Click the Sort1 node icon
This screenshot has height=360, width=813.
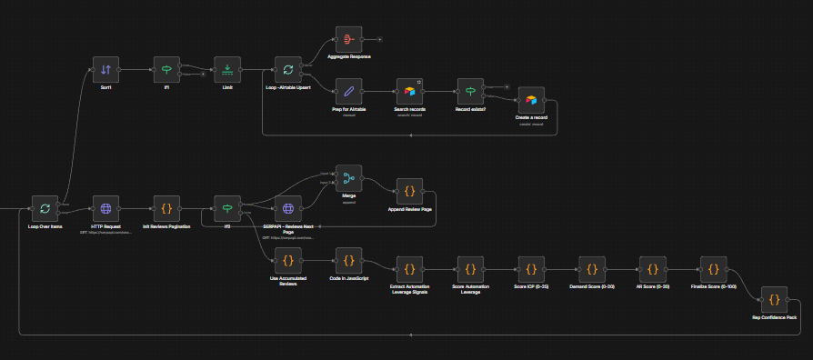(105, 69)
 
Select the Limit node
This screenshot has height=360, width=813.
(227, 69)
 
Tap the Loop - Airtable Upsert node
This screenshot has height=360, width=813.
(288, 69)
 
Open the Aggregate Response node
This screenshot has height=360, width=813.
(348, 39)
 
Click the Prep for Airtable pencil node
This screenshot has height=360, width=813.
(348, 92)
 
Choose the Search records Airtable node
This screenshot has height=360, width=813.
(409, 92)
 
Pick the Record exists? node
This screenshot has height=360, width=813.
(470, 92)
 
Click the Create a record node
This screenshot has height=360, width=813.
(531, 101)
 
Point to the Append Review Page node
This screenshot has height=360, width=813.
(409, 191)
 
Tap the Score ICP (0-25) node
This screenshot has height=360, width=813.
(531, 269)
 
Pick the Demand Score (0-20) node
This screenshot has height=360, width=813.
(592, 269)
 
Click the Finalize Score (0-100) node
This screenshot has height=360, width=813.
(714, 269)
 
